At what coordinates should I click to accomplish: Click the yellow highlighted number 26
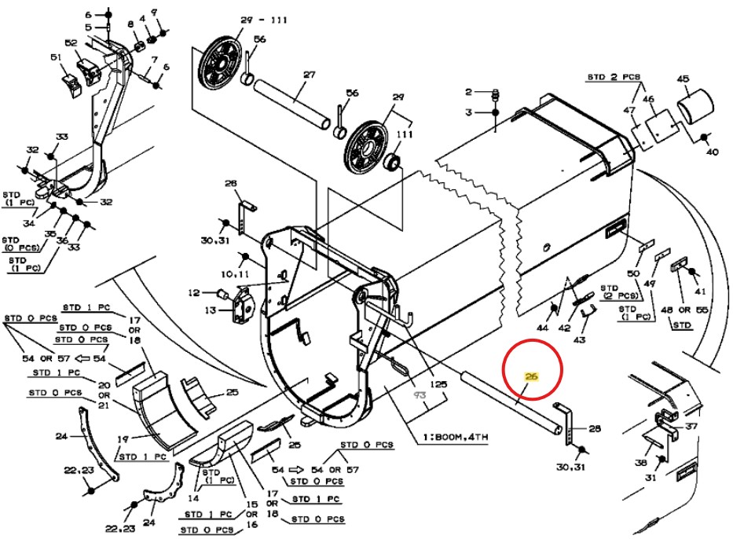pos(531,377)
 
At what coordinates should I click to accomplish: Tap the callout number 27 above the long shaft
pos(308,75)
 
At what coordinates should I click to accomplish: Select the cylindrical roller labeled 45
pos(694,100)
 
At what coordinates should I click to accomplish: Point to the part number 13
pos(210,310)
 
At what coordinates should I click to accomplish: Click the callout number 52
pos(71,43)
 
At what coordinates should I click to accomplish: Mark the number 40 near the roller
pos(712,153)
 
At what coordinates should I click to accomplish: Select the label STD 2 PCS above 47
pos(614,77)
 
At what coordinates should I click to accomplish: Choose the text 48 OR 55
pos(685,310)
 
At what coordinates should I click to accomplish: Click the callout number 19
pos(122,439)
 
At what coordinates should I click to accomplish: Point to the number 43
pos(580,339)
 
